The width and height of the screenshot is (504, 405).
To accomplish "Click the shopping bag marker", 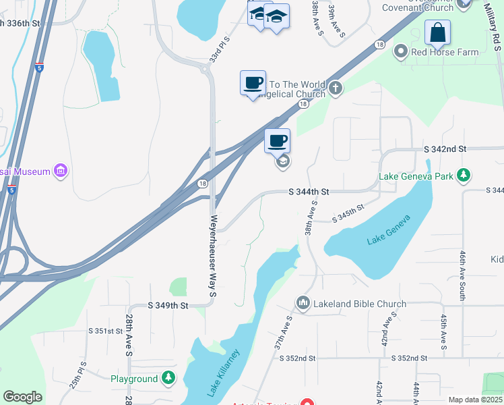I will (x=437, y=32).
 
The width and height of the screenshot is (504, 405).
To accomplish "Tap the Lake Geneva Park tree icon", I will (x=463, y=176).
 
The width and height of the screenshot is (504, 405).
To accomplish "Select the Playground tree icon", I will (x=168, y=379).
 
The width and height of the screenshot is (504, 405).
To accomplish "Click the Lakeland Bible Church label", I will (x=358, y=304).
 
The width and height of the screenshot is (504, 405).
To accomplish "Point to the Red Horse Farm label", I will (x=445, y=52).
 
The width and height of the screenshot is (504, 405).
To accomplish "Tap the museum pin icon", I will (x=61, y=171).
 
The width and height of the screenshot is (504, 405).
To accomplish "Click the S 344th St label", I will (x=308, y=192).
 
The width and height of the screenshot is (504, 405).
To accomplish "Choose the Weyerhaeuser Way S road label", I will (x=213, y=256).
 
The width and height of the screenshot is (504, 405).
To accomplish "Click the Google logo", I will (x=22, y=397).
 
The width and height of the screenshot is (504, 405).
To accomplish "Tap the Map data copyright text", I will (x=475, y=400).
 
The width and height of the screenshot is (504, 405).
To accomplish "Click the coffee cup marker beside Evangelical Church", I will (x=253, y=83).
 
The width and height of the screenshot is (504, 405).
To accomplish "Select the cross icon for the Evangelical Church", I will (x=335, y=88).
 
